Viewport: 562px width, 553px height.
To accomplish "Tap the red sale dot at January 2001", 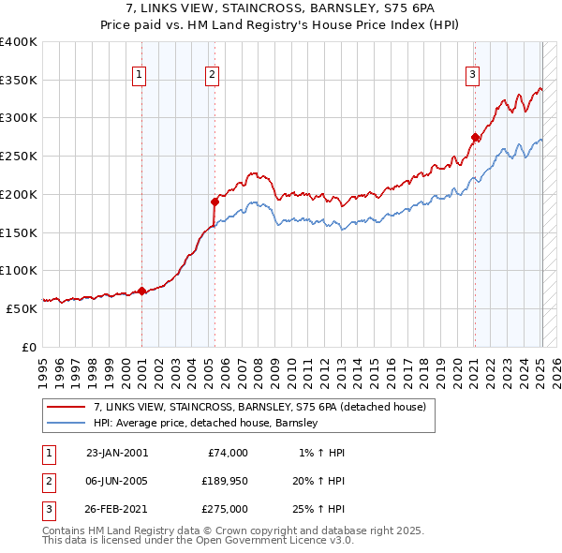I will pyautogui.click(x=141, y=291).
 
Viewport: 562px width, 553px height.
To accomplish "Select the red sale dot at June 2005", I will pyautogui.click(x=214, y=201).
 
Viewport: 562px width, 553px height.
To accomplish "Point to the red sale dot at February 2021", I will pyautogui.click(x=475, y=138).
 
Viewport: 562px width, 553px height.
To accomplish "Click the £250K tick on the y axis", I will pyautogui.click(x=18, y=156).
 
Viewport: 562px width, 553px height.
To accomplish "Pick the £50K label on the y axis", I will pyautogui.click(x=21, y=307).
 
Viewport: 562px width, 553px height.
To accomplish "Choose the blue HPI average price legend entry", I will pyautogui.click(x=206, y=423).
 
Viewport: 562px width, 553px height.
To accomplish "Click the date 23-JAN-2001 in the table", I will pyautogui.click(x=116, y=453).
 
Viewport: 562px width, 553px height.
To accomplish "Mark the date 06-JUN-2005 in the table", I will pyautogui.click(x=116, y=480).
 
